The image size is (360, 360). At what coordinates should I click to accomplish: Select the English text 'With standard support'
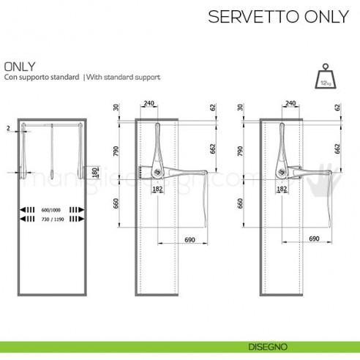pyautogui.click(x=124, y=77)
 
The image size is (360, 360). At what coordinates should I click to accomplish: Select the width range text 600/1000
pyautogui.click(x=51, y=210)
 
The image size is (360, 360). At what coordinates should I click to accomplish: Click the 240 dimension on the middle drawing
pyautogui.click(x=149, y=104)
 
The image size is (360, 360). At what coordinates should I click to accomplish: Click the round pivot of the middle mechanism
pyautogui.click(x=155, y=173)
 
